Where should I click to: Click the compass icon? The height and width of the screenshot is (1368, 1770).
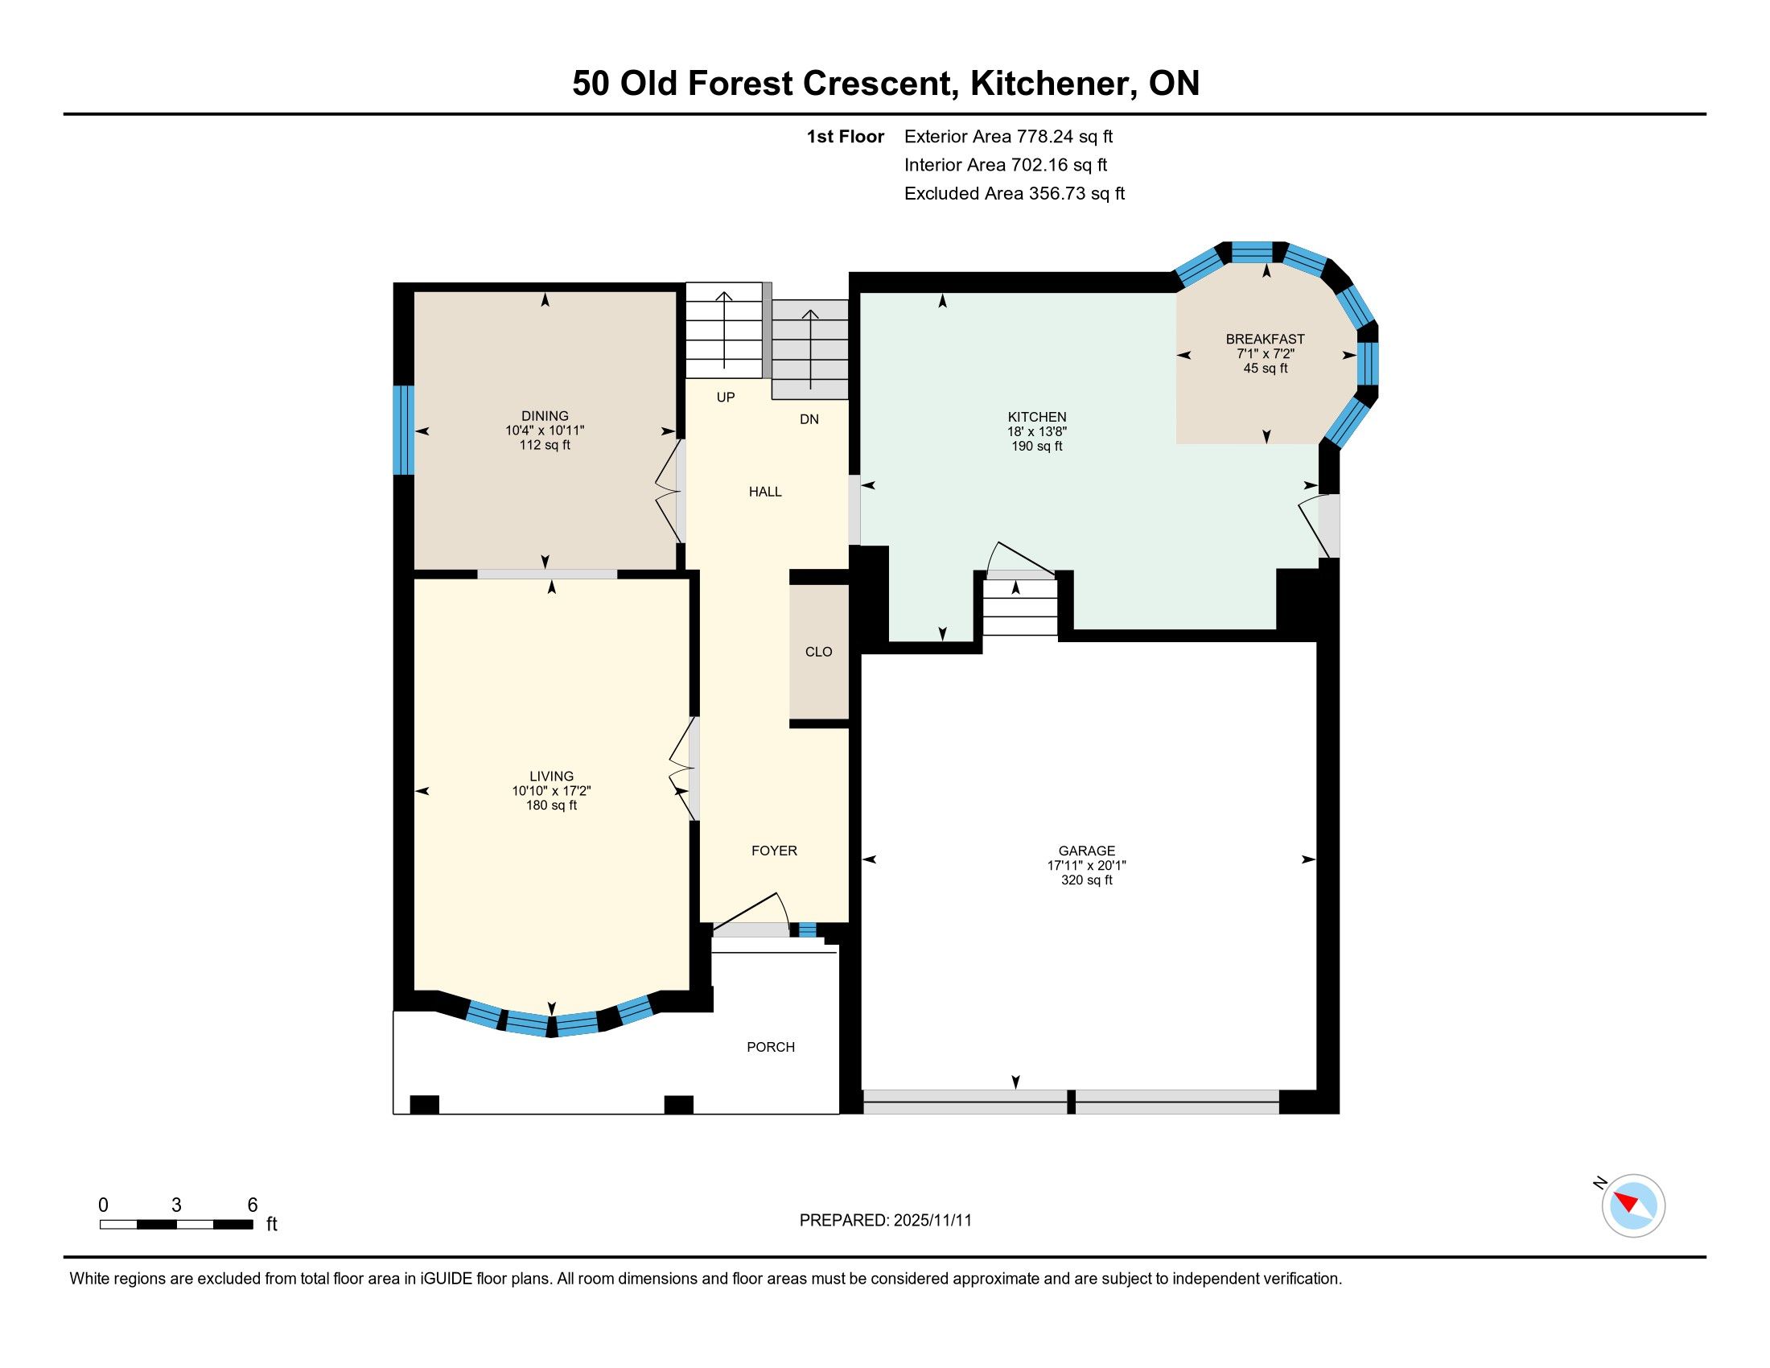coord(1632,1206)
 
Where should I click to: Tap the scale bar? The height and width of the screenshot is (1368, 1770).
coord(177,1225)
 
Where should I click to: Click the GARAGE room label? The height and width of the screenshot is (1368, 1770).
coord(1086,851)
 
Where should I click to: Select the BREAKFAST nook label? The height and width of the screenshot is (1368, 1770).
coord(1265,339)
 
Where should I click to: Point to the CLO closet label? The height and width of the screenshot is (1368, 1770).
coord(818,652)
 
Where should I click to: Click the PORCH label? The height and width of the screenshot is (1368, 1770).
coord(771,1047)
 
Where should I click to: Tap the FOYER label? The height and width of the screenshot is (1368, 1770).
coord(774,850)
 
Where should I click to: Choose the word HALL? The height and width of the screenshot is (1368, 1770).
coord(765,492)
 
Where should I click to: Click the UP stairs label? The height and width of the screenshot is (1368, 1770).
coord(726,397)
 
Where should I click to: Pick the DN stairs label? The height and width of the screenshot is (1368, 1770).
coord(809,419)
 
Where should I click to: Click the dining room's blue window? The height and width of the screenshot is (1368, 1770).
coord(404,430)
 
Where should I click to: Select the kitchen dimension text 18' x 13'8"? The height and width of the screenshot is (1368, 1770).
coord(1036,432)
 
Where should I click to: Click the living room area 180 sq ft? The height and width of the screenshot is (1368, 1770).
coord(551,806)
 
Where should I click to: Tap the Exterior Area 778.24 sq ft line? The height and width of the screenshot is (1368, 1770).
coord(1008,137)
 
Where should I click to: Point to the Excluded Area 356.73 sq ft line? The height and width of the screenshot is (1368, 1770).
coord(1015,194)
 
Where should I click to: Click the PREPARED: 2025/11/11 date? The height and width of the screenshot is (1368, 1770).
coord(885,1221)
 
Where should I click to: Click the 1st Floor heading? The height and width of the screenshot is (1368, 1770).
coord(845,137)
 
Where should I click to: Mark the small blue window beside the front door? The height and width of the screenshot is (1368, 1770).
coord(807,929)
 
